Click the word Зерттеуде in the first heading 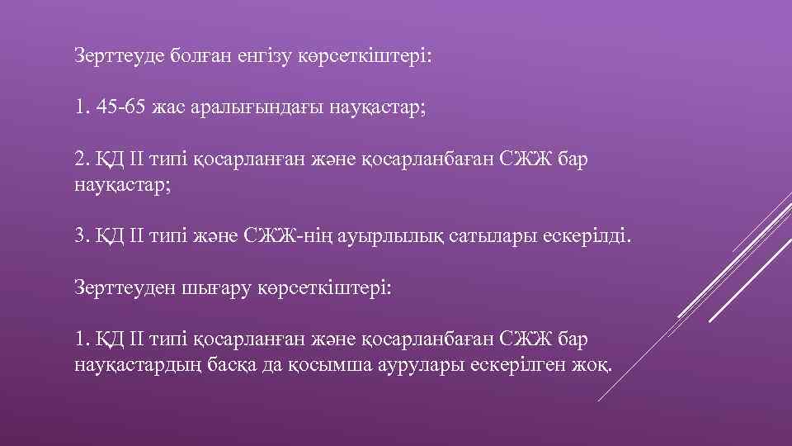pos(118,57)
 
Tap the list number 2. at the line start pos(81,159)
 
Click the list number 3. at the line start pos(81,237)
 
